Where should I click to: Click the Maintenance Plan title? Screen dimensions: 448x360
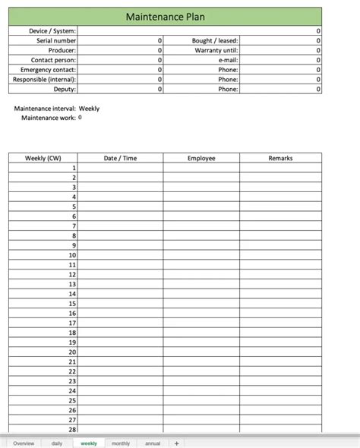(165, 17)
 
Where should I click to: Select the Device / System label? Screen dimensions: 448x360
(52, 30)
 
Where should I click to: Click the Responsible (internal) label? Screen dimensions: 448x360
(44, 79)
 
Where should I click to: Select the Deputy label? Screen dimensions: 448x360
(64, 89)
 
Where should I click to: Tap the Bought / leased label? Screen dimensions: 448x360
(216, 40)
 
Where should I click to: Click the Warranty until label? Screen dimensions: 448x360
(216, 50)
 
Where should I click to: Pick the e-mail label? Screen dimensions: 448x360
(229, 60)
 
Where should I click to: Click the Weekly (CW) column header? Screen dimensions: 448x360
(43, 158)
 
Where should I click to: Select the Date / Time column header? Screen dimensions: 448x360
(120, 158)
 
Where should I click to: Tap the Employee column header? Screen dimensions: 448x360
(201, 158)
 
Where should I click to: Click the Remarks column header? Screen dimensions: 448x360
(280, 158)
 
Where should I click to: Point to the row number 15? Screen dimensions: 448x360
(72, 303)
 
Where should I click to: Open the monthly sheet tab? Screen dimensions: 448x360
(121, 443)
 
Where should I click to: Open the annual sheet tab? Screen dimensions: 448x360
(153, 443)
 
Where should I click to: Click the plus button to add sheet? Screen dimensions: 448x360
(177, 443)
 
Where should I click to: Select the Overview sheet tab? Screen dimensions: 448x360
(24, 443)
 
